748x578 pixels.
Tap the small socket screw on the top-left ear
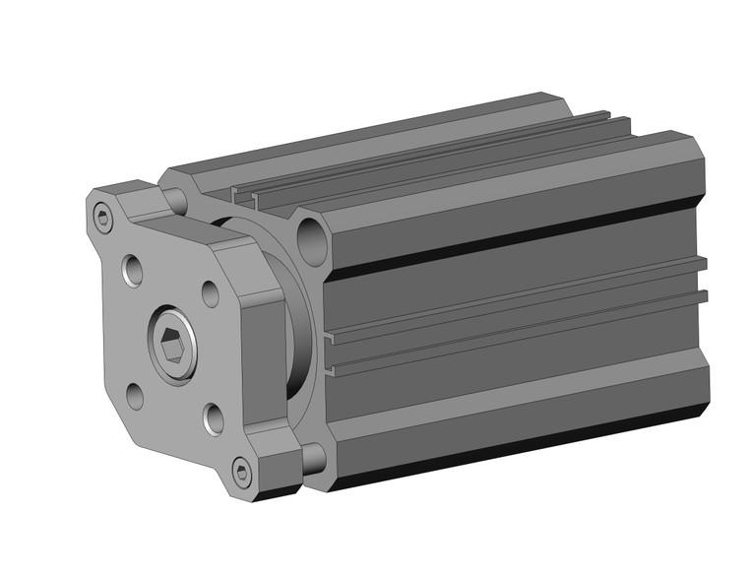pyautogui.click(x=104, y=220)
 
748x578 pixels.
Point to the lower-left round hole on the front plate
pyautogui.click(x=135, y=396)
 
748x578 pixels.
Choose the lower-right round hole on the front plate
pyautogui.click(x=214, y=418)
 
